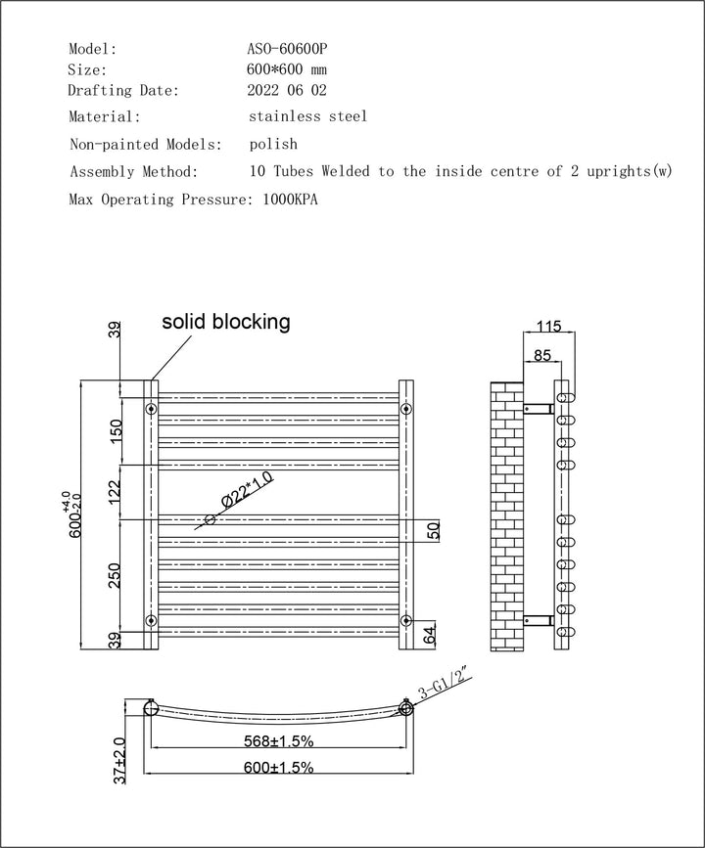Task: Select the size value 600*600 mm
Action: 289,69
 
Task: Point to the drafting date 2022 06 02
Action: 288,91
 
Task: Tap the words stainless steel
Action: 308,116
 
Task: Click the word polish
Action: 274,144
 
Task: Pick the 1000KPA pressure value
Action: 291,200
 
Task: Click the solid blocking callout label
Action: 226,322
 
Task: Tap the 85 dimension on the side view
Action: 540,355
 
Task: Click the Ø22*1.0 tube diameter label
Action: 247,490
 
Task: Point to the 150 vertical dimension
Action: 116,431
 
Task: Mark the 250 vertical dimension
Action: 116,575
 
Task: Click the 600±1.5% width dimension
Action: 279,768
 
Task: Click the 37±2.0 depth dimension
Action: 119,760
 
